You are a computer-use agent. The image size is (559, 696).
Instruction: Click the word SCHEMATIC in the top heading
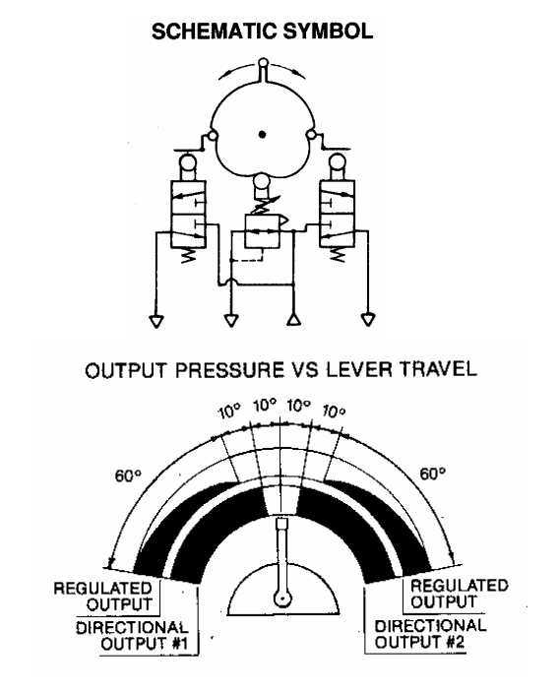pos(215,32)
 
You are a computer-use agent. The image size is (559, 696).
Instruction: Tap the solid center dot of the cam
pos(262,134)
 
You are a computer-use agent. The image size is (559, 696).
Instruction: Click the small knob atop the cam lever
pos(264,62)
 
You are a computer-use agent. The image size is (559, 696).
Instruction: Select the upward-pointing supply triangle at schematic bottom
pos(293,320)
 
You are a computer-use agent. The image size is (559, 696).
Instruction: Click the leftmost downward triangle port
pos(156,321)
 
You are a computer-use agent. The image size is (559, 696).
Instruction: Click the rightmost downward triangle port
pos(368,320)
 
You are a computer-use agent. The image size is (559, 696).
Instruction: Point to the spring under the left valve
pos(189,254)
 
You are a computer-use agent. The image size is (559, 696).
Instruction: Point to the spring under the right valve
pos(338,254)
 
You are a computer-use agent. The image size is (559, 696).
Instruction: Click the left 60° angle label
pos(128,476)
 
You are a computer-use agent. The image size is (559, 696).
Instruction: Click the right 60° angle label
pos(433,475)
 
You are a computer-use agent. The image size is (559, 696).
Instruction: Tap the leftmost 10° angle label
pos(229,412)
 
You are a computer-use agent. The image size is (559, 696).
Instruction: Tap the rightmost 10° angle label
pos(334,411)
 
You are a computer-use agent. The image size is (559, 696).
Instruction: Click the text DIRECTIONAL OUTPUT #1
pos(132,636)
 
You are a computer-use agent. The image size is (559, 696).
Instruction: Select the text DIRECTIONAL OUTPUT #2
pos(430,634)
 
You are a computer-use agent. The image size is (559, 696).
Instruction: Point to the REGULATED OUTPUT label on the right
pos(459,594)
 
